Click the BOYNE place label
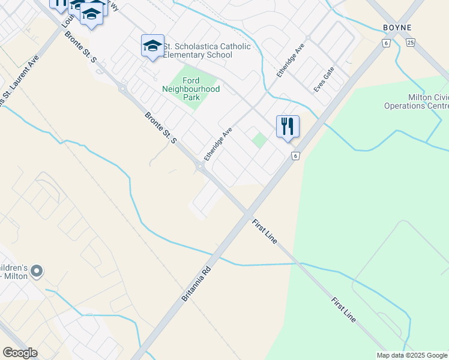[397, 28]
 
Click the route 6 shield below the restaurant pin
[295, 156]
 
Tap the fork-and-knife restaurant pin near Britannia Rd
[288, 127]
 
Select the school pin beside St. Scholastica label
[152, 46]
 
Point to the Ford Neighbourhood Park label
[191, 89]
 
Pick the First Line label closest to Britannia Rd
[265, 230]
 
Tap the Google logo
[20, 353]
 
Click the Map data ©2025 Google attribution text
[412, 355]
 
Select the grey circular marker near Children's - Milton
[37, 272]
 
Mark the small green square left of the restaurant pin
[259, 140]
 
